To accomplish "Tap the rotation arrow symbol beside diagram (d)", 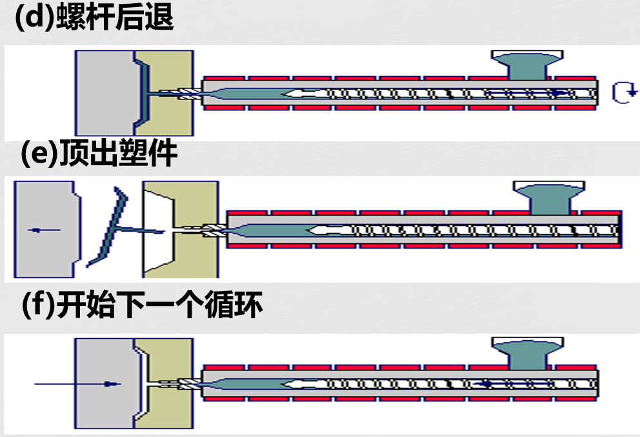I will (623, 94).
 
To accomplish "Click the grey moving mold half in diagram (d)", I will (103, 94).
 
